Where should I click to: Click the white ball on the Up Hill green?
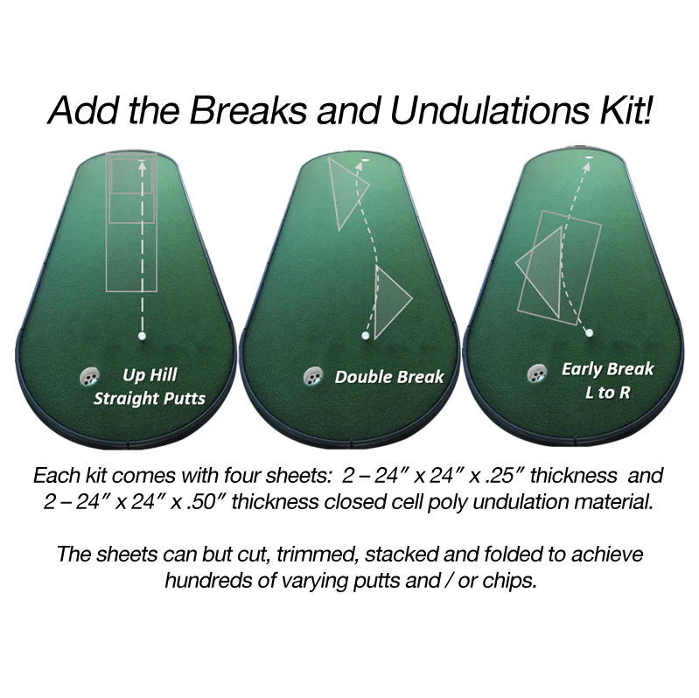click(x=141, y=335)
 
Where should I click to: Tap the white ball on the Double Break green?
click(x=365, y=335)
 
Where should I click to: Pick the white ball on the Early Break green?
click(x=589, y=332)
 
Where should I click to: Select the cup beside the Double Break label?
click(x=312, y=377)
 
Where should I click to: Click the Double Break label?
click(x=389, y=378)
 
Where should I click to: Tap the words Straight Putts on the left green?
click(x=150, y=400)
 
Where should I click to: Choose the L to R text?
click(x=607, y=392)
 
